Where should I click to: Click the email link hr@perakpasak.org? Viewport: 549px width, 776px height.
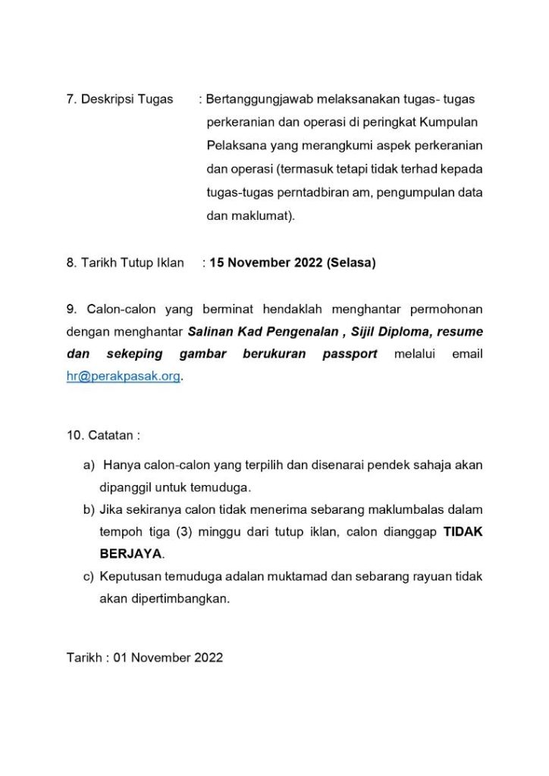coord(124,376)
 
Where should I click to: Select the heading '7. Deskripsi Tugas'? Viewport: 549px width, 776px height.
coord(120,99)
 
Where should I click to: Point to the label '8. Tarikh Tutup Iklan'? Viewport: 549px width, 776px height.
coord(125,263)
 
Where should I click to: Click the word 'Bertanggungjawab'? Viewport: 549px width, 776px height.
coord(255,99)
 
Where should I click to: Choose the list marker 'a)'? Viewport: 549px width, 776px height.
coord(89,464)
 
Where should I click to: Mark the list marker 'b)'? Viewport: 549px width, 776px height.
coord(89,508)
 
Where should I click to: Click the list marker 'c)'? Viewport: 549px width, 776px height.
coord(89,576)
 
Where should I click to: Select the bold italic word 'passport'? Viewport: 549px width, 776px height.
coord(350,354)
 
